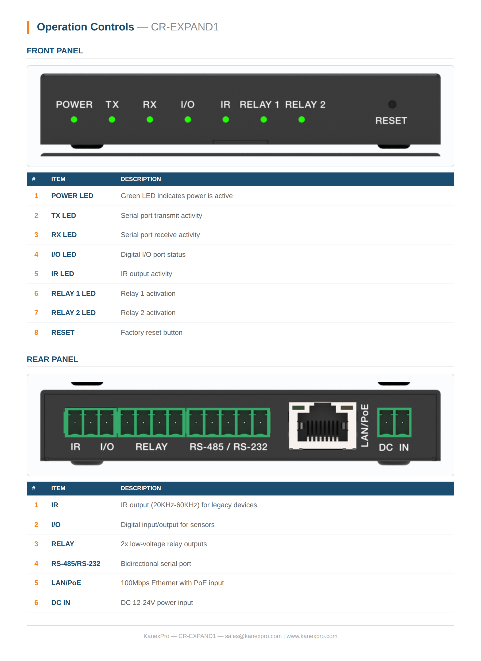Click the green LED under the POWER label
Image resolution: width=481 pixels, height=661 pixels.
tap(74, 120)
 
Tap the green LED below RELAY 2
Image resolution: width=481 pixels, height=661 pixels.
tap(302, 120)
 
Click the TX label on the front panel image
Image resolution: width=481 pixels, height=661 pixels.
tap(112, 104)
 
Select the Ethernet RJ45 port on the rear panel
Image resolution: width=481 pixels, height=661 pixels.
tap(322, 426)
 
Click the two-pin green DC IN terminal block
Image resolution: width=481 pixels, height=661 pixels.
tap(394, 422)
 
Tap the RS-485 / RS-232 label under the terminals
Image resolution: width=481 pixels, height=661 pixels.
tap(228, 447)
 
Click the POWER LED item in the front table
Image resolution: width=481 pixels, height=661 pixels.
tap(72, 196)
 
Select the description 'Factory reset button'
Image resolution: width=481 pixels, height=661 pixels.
tap(152, 333)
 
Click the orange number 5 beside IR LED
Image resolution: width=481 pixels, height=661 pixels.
tap(36, 274)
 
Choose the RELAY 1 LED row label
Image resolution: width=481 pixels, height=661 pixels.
tap(73, 293)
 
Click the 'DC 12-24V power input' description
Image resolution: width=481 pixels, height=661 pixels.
tap(157, 603)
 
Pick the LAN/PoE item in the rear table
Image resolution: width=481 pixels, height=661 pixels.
tap(66, 583)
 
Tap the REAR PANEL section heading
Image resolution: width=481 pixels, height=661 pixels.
tap(52, 359)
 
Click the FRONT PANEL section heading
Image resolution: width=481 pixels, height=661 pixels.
tap(55, 51)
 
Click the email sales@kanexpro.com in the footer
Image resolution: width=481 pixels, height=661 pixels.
tap(253, 636)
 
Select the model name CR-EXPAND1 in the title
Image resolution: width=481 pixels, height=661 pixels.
tap(185, 27)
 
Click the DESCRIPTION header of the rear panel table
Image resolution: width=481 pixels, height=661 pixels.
tap(141, 488)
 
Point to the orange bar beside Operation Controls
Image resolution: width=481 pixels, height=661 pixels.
tap(28, 27)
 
